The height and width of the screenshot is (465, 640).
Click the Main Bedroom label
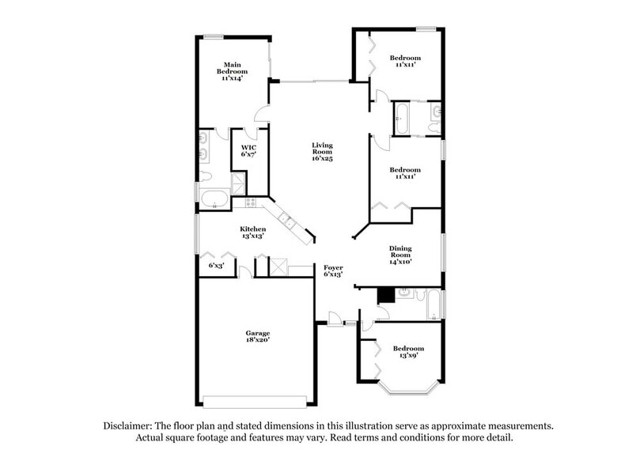click(x=232, y=71)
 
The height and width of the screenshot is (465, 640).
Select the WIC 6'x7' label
click(x=248, y=151)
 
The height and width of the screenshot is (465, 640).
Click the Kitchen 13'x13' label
click(x=252, y=232)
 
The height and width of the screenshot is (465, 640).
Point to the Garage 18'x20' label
click(x=257, y=336)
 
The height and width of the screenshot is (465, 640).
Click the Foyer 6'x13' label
click(x=333, y=272)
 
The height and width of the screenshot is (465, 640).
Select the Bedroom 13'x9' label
click(x=408, y=352)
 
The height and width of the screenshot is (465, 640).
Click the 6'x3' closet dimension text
click(x=215, y=266)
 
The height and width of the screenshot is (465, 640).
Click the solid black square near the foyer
click(x=385, y=296)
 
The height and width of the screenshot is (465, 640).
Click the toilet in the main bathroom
click(x=205, y=176)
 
